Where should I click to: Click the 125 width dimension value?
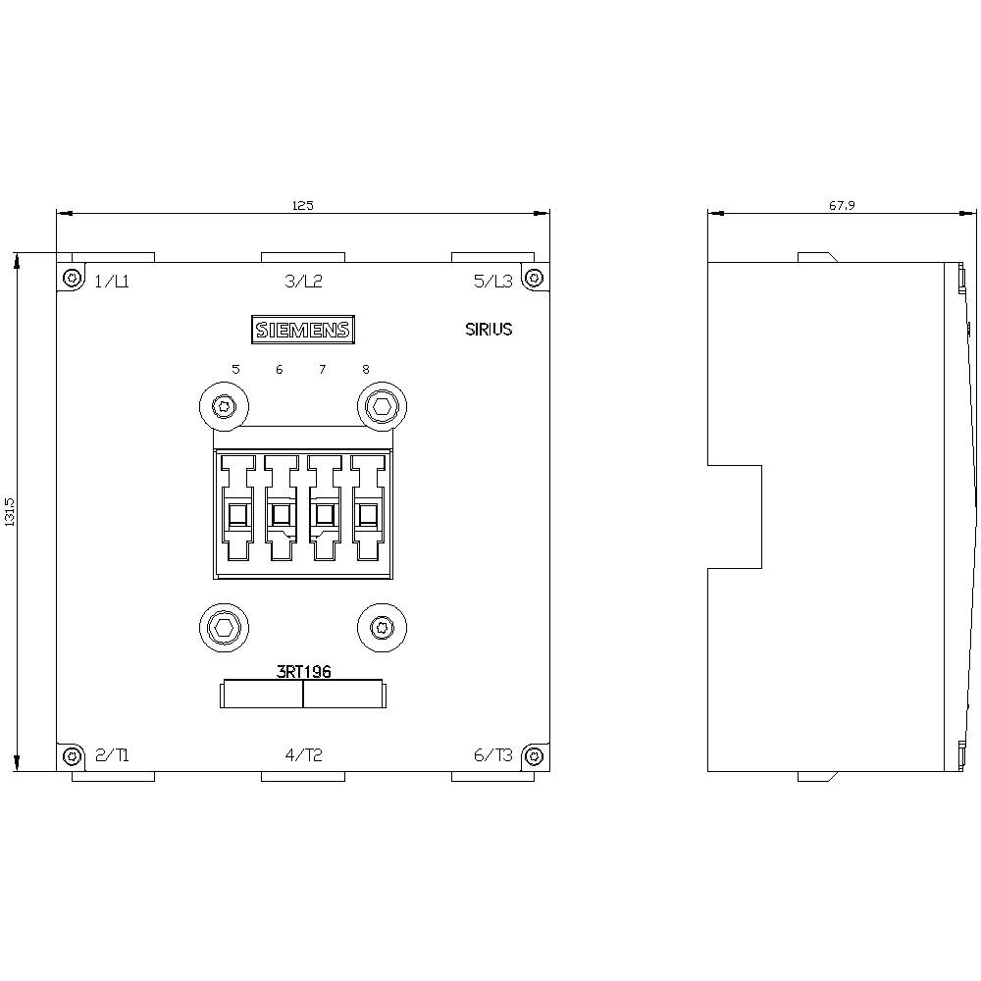(302, 205)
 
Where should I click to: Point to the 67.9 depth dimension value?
(842, 205)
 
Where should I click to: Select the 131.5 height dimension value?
(10, 512)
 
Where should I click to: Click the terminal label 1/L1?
(112, 282)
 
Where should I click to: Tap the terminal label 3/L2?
(303, 282)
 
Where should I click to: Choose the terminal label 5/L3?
(493, 282)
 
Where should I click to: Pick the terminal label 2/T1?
(112, 755)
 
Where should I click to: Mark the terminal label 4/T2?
(303, 755)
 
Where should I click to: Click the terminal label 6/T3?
(493, 755)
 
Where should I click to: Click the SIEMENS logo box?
(302, 330)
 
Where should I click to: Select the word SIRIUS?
(489, 330)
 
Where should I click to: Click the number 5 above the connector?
(235, 370)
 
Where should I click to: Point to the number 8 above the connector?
(366, 370)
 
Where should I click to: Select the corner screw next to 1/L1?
(72, 279)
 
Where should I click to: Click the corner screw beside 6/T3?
(533, 756)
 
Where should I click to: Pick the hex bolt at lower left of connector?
(224, 626)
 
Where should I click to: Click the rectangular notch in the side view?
(735, 516)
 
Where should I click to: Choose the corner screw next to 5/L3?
(533, 279)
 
